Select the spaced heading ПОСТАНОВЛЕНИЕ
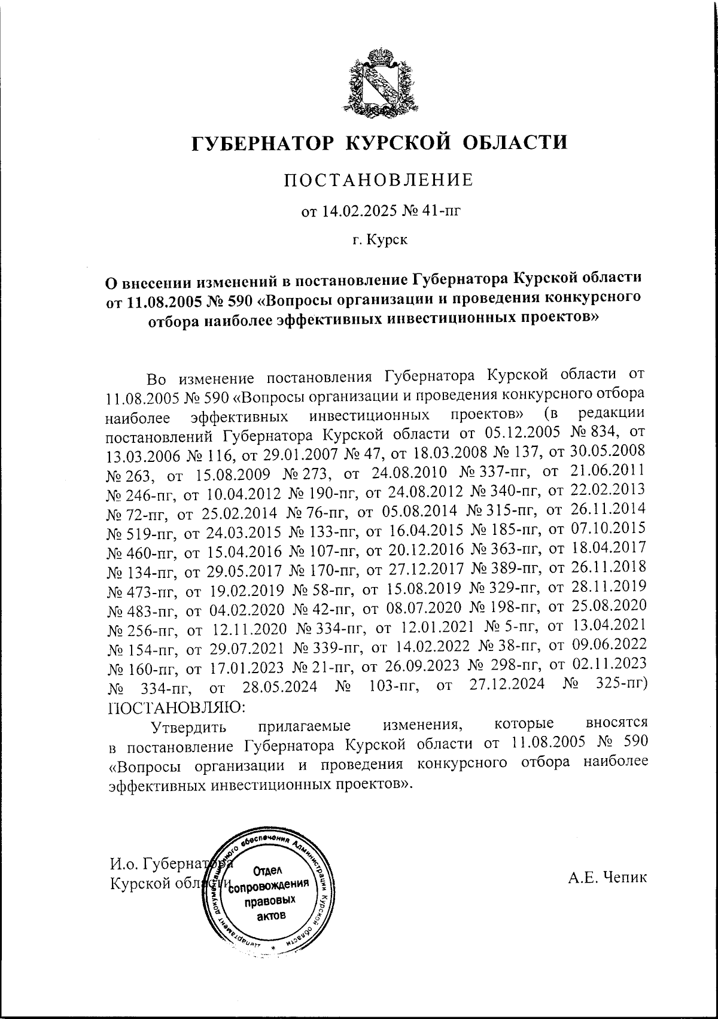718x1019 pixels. (x=378, y=180)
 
